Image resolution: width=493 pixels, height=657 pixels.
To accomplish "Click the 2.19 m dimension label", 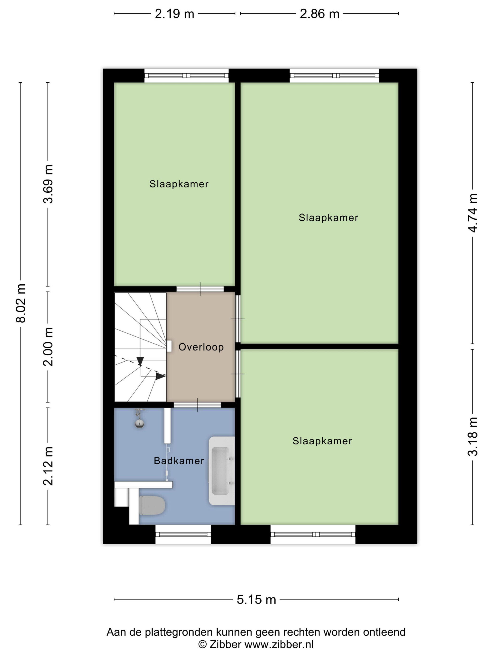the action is tap(174, 14).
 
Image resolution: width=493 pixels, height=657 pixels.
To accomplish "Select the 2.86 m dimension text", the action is tap(320, 14).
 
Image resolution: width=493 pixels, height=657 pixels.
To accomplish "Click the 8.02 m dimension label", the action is tap(21, 303).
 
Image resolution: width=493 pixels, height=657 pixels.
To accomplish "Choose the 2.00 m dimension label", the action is tap(48, 347).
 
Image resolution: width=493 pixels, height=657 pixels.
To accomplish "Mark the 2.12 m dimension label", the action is tap(48, 466).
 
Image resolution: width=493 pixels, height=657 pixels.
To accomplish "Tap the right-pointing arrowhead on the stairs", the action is tap(161, 376).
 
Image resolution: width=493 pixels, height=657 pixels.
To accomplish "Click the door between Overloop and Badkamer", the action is tap(197, 405).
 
